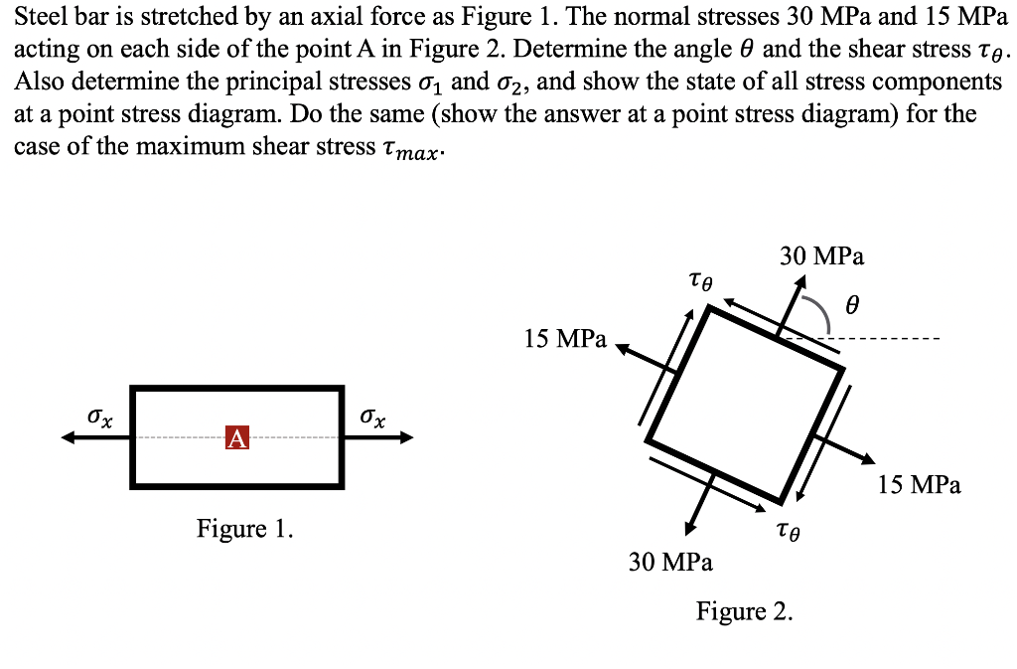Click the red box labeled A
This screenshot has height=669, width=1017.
tap(236, 437)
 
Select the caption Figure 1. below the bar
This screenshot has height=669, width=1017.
tap(244, 528)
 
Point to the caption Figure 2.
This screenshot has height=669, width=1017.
tap(745, 610)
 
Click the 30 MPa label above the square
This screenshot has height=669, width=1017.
tap(821, 256)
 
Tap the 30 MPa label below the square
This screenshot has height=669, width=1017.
tap(670, 562)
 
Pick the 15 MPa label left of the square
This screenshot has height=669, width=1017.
tap(565, 339)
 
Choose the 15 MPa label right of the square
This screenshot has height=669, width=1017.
tap(920, 485)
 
